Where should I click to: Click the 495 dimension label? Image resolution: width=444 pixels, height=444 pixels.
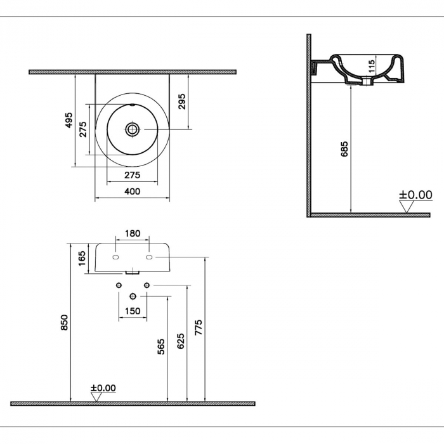[x=69, y=121]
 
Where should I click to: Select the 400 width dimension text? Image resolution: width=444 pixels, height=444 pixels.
[x=132, y=192]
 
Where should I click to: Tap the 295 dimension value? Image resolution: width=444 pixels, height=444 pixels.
[x=182, y=101]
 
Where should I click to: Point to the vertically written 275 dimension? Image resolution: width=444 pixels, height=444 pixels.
[x=82, y=129]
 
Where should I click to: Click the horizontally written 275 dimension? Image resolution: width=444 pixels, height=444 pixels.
[x=132, y=175]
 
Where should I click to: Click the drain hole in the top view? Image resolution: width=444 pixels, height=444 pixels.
[x=132, y=129]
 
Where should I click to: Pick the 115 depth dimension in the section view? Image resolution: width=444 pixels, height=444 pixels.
[x=372, y=66]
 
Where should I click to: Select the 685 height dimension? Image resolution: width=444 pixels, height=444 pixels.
[x=344, y=149]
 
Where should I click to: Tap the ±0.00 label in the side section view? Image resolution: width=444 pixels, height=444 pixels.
[x=415, y=195]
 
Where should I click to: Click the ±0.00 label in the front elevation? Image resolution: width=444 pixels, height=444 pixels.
[x=103, y=388]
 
